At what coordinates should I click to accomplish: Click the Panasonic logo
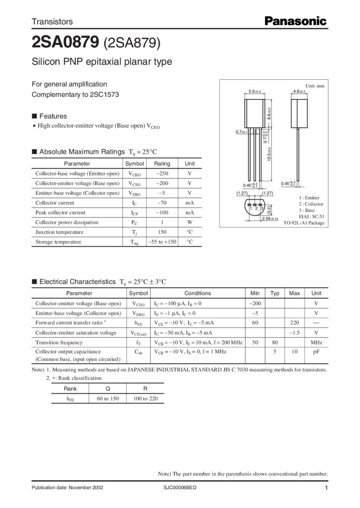click(x=295, y=21)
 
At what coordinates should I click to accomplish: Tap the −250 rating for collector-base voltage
click(x=162, y=173)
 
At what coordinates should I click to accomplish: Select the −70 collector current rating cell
click(x=162, y=203)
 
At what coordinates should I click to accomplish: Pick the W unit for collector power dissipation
click(x=189, y=222)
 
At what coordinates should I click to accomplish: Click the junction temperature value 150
click(x=162, y=232)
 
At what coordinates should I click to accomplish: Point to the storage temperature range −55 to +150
click(x=162, y=242)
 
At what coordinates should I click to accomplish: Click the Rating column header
click(x=162, y=164)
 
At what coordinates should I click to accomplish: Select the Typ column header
click(x=275, y=293)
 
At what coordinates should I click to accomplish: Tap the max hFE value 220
click(x=294, y=322)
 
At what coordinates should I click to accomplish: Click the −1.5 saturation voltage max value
click(x=294, y=333)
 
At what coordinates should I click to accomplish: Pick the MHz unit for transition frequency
click(x=316, y=342)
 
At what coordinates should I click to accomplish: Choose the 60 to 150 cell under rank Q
click(x=108, y=398)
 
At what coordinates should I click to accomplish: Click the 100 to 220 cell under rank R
click(x=145, y=398)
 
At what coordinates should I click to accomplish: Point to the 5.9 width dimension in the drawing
click(x=254, y=91)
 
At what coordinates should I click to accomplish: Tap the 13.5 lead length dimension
click(x=269, y=154)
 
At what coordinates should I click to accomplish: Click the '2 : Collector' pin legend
click(x=311, y=204)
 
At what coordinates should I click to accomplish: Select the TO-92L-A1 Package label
click(x=304, y=223)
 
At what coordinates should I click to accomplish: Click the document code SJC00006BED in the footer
click(x=180, y=488)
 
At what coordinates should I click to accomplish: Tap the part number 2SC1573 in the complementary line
click(x=104, y=94)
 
